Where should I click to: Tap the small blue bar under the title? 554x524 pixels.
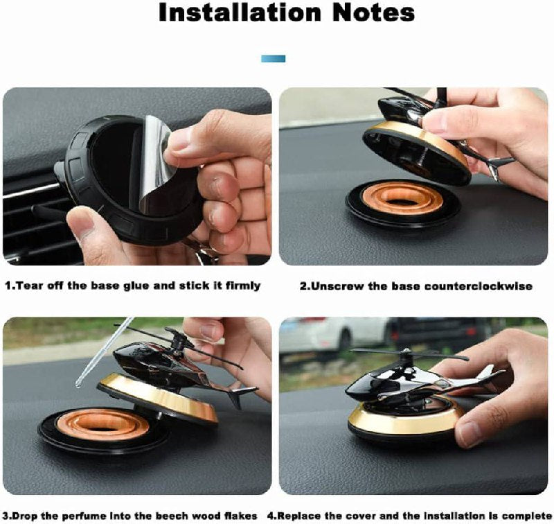pos(273,59)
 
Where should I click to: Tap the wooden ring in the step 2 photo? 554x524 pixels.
pos(403,198)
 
